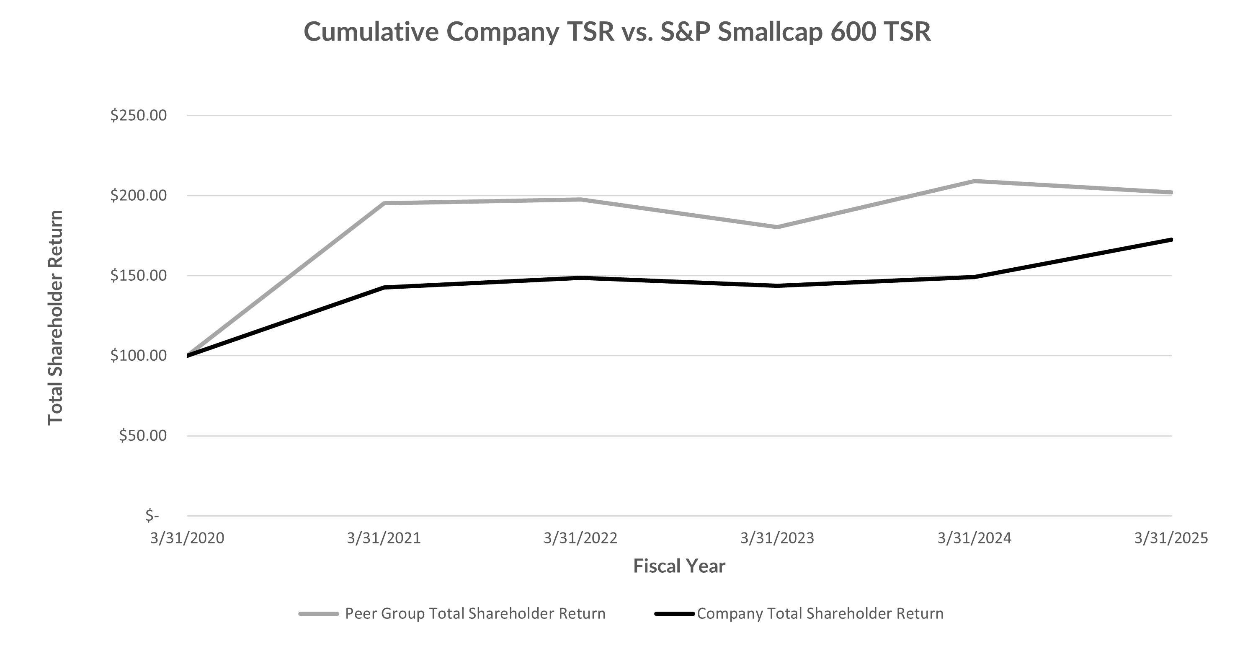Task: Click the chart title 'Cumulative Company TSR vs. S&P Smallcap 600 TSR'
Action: [617, 32]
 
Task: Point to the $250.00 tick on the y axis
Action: [139, 115]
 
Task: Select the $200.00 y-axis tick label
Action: [139, 195]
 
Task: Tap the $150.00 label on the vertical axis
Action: [139, 275]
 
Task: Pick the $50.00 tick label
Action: [143, 436]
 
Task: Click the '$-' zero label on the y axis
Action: [152, 516]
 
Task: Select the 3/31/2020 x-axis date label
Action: [187, 538]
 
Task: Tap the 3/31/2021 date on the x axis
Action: [384, 538]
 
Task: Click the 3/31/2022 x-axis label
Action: [580, 538]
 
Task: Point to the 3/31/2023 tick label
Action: [777, 538]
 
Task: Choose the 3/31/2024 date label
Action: [974, 538]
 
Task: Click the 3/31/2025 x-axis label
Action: [1171, 538]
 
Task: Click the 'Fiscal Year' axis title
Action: [679, 566]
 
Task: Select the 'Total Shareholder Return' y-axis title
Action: [56, 317]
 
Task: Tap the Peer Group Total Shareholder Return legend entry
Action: [474, 613]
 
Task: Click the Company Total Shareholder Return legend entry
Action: [820, 613]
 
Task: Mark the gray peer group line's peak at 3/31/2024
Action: [974, 181]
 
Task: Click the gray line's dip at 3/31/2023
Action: [777, 227]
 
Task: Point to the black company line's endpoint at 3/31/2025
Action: [1171, 239]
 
